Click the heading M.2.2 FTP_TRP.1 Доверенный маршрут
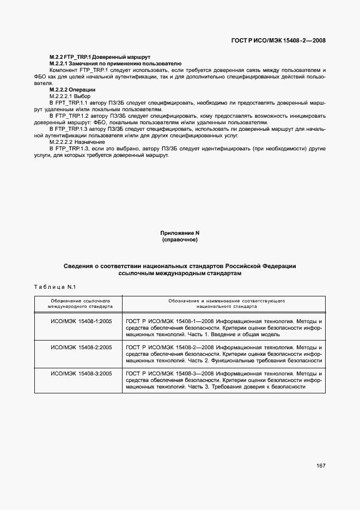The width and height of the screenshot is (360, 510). coord(100,57)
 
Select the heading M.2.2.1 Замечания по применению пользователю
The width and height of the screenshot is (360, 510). coord(107,64)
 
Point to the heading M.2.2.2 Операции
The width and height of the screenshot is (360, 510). coord(72,89)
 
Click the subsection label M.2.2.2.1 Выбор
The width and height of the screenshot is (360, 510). coord(70,96)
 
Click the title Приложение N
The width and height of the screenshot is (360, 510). coord(180,233)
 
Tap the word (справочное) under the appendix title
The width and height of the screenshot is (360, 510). coord(180,239)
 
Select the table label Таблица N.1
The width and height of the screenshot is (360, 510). coord(57,286)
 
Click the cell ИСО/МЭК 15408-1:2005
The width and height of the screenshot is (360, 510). coord(81,321)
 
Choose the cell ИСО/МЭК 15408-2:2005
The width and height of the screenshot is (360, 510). coord(81,347)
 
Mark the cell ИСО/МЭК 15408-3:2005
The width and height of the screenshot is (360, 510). coord(81,373)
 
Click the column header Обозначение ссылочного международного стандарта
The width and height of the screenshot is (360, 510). coord(78,303)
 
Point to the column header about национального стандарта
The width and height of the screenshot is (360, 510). coord(224,303)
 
